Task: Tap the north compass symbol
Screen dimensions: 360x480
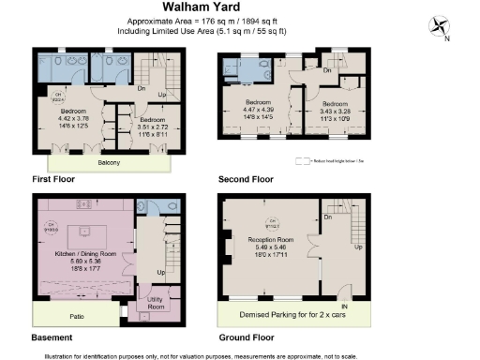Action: (439, 25)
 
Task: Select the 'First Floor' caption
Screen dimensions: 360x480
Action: (53, 178)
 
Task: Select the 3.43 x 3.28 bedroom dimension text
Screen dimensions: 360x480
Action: (333, 111)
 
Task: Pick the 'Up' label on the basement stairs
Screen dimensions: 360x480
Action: (160, 273)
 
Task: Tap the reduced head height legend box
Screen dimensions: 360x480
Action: (302, 161)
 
